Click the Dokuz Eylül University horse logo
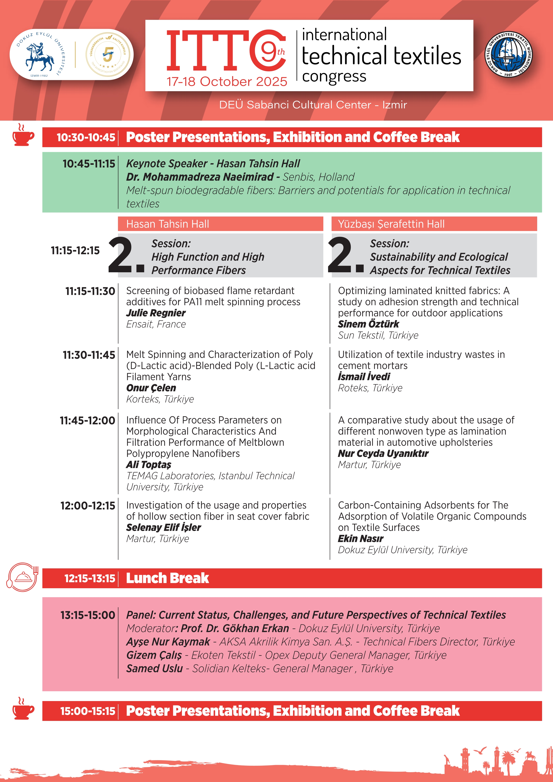pos(39,56)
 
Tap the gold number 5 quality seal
pos(108,54)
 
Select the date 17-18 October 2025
pos(227,82)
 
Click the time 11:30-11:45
pos(89,355)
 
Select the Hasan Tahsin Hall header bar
pos(220,224)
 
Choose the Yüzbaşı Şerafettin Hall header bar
pos(434,224)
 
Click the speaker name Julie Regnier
pos(156,313)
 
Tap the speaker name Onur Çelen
pos(151,388)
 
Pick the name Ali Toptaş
pos(149,464)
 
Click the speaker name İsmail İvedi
pos(364,377)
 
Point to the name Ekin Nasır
pos(361,539)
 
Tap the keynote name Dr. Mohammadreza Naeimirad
pos(200,177)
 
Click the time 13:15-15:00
pos(88,615)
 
